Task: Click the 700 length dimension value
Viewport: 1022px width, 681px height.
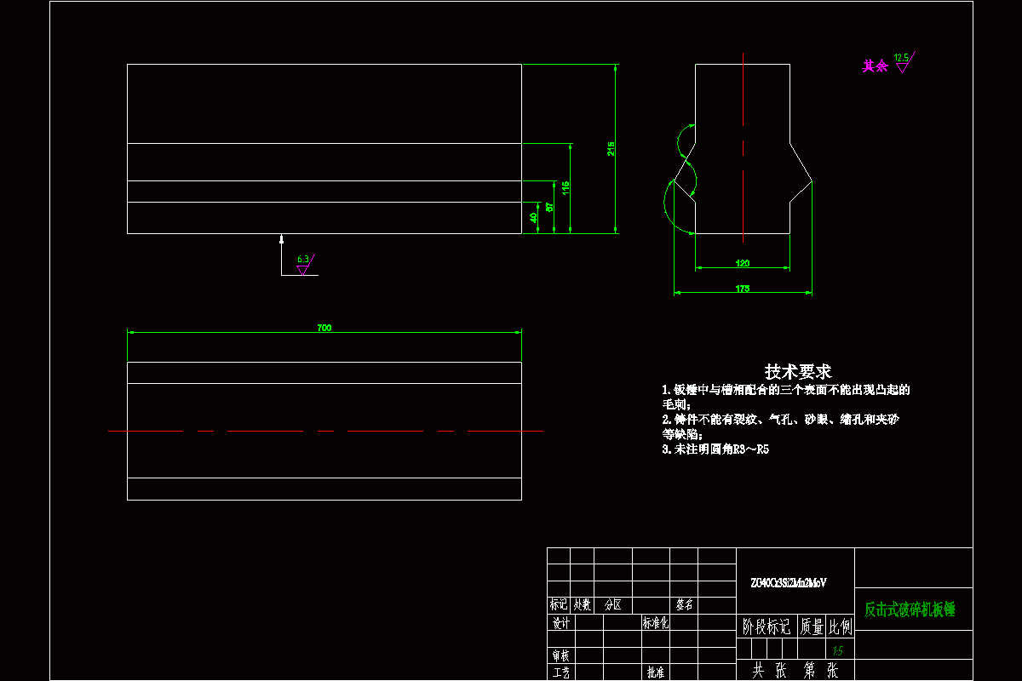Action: click(324, 328)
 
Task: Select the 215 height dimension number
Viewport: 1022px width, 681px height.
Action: click(611, 148)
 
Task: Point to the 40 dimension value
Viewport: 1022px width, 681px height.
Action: click(534, 218)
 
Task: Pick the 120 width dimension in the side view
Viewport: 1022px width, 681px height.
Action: click(742, 264)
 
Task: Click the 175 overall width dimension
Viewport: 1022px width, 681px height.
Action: click(742, 289)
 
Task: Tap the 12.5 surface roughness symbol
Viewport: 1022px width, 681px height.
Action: click(903, 62)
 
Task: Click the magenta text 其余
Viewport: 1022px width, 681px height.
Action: click(875, 66)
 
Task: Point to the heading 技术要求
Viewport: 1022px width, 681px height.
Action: click(798, 371)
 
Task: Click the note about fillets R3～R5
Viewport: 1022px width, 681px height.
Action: click(715, 449)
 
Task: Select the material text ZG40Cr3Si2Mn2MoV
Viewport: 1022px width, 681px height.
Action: click(788, 583)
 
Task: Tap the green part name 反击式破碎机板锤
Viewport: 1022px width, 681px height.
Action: click(910, 609)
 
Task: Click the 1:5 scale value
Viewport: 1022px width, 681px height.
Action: click(838, 650)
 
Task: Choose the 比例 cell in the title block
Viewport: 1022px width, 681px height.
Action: click(840, 627)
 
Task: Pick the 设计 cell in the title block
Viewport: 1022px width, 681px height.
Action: click(560, 623)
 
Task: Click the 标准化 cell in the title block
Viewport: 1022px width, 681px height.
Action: click(656, 623)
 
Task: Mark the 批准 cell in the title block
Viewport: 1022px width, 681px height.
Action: click(656, 672)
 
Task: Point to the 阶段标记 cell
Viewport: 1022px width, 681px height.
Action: click(766, 627)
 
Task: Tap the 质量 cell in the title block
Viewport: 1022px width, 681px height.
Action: click(812, 627)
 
